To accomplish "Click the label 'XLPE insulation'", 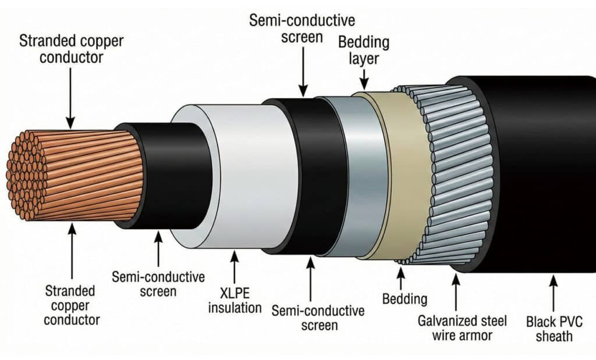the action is [x=235, y=300].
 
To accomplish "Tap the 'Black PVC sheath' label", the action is [x=554, y=329].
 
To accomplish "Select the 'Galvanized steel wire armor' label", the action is [x=462, y=328].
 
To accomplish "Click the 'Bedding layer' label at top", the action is [x=364, y=50].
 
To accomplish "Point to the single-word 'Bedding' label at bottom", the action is [x=405, y=299].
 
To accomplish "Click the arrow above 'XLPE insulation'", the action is [x=235, y=266].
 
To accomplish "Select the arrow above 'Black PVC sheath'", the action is [x=554, y=293].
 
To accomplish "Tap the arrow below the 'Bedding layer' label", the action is [x=364, y=79].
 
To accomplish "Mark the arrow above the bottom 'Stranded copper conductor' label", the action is [x=72, y=251].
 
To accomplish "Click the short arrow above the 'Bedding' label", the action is [x=400, y=278].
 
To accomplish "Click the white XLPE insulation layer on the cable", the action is [x=243, y=177].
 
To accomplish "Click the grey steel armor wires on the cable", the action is [x=452, y=174].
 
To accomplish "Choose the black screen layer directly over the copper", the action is [x=171, y=176].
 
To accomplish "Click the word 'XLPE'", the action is [x=235, y=293].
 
